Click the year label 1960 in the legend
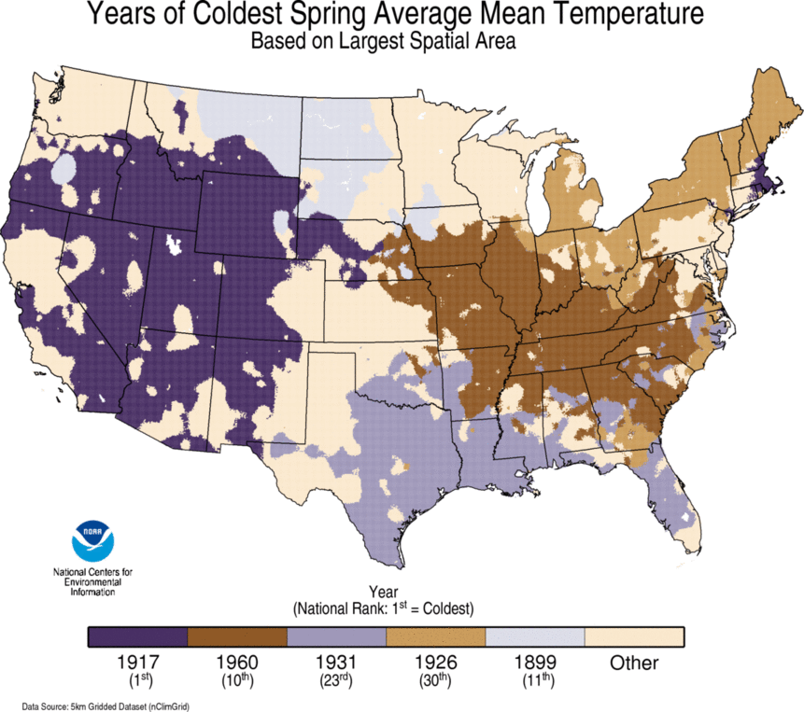click(x=237, y=663)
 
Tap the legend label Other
click(x=634, y=663)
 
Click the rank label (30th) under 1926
click(x=435, y=680)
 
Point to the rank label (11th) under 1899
click(x=535, y=680)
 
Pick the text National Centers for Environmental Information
click(x=92, y=580)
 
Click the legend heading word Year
click(x=384, y=592)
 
